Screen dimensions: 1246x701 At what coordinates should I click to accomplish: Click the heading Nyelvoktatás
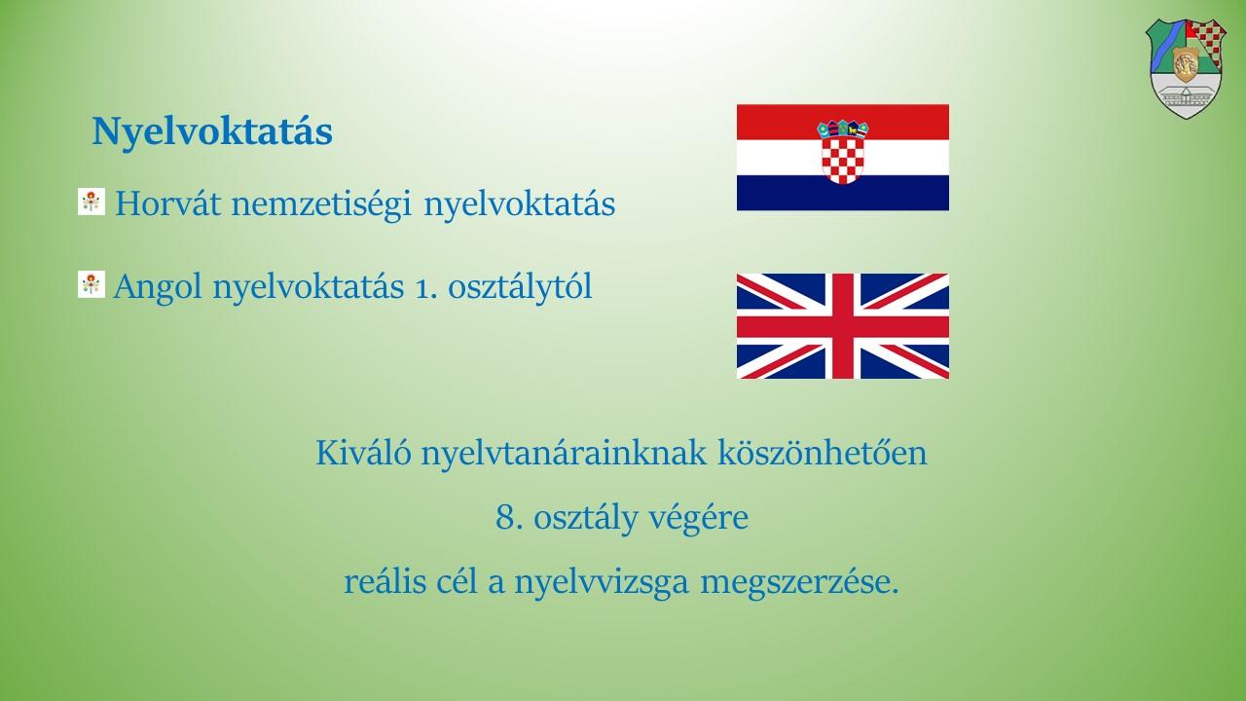point(212,132)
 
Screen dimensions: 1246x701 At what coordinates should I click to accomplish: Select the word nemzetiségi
point(321,204)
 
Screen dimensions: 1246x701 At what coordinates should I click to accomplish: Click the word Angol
point(158,287)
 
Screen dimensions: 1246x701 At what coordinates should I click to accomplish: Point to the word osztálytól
point(520,286)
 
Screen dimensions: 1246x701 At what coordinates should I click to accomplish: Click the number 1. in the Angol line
point(425,289)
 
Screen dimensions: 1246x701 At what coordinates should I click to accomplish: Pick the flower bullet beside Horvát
point(92,202)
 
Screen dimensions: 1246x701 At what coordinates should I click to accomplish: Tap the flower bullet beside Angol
point(92,284)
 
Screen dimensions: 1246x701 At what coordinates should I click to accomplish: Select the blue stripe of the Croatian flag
point(843,193)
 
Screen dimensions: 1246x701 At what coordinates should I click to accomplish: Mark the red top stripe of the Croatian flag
point(843,122)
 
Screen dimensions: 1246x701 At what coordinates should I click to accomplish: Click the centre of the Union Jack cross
point(843,326)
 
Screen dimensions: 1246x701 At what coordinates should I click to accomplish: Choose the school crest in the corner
point(1186,69)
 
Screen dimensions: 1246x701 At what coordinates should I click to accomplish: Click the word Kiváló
point(364,453)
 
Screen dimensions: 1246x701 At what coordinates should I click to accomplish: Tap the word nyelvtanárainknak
point(564,454)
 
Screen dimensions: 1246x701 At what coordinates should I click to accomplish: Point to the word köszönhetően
point(823,453)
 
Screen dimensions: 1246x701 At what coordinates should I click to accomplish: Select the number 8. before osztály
point(509,517)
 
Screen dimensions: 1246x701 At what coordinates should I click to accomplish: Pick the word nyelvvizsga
point(602,583)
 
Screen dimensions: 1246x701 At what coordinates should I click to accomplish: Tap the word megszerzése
point(799,583)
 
